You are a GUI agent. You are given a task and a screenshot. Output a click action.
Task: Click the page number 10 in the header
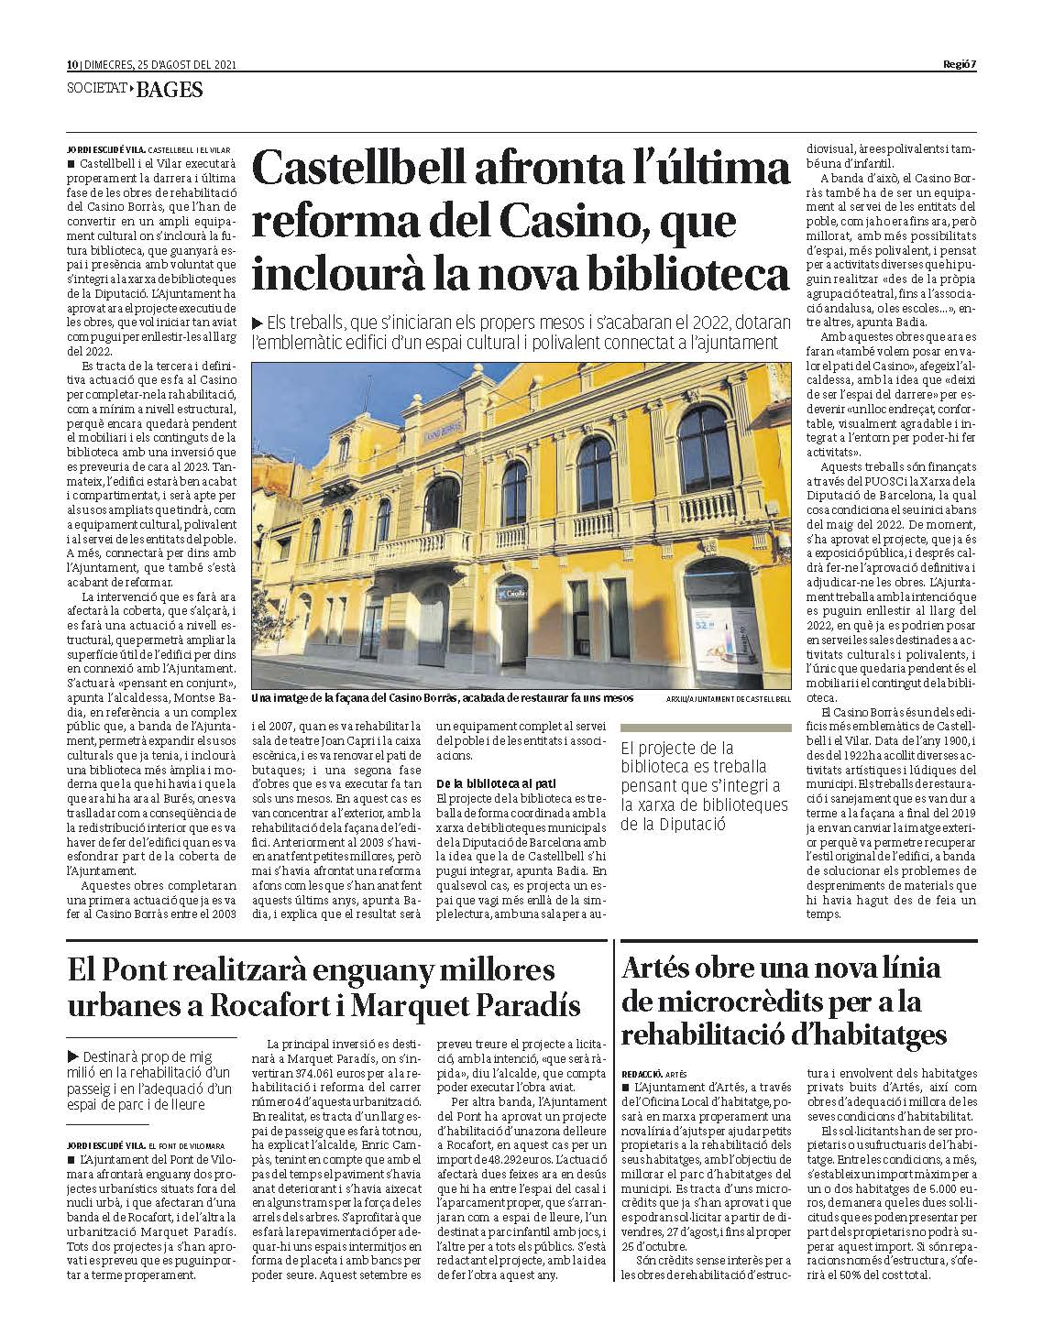(72, 65)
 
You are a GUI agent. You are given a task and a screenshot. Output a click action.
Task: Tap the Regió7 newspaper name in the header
(960, 65)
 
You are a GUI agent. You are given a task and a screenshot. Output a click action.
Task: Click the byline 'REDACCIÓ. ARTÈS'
(653, 1072)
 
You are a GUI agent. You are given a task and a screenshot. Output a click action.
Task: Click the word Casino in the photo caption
(400, 698)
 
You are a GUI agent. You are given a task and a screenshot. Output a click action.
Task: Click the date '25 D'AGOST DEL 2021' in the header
(187, 65)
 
